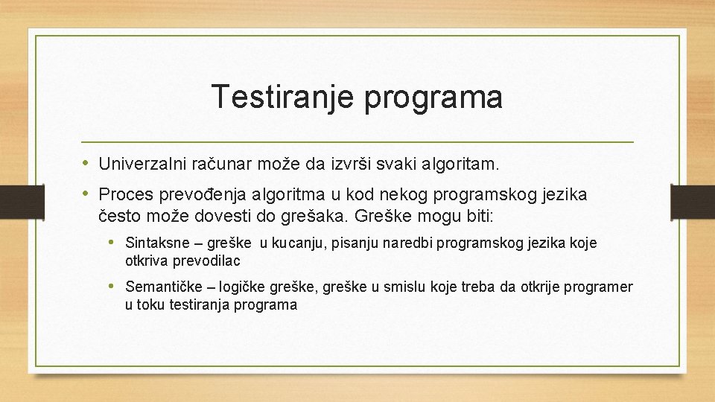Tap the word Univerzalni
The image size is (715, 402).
point(142,162)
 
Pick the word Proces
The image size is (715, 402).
point(125,195)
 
